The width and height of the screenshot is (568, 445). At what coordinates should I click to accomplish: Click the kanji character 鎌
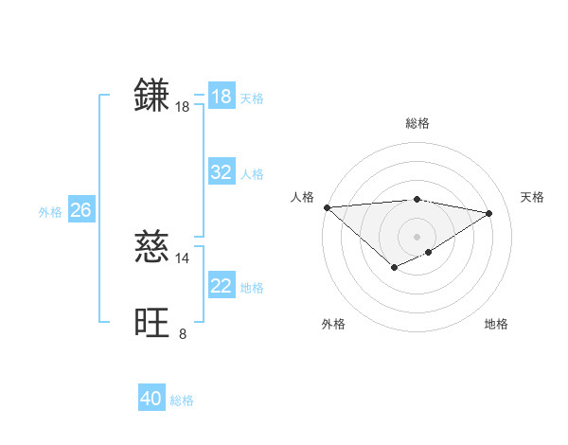coord(152,96)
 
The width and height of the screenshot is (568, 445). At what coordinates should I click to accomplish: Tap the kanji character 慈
coord(152,247)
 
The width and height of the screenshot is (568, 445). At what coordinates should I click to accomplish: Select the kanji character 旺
coord(152,323)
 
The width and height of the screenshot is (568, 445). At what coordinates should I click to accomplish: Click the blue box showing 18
coord(222,97)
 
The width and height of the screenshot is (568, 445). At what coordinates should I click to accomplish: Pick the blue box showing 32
coord(222,172)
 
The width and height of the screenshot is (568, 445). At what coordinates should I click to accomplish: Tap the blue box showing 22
coord(222,286)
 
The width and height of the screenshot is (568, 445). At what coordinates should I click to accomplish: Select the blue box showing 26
coord(80,210)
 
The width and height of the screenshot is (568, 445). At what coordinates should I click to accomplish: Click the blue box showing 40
coord(151,399)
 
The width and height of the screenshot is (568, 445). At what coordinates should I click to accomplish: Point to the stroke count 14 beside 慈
coord(183,258)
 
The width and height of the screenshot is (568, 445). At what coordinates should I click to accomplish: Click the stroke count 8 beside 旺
coord(183,333)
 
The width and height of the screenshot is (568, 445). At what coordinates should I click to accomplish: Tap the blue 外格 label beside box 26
coord(50,212)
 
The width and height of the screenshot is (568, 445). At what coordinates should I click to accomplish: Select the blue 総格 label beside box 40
coord(182,400)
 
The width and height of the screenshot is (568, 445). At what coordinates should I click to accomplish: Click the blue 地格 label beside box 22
coord(252,288)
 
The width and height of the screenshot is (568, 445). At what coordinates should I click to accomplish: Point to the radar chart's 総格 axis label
coord(417,123)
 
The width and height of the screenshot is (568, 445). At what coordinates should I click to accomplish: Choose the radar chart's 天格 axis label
coord(533,197)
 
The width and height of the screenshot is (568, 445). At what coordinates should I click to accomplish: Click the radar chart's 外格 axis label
coord(333,324)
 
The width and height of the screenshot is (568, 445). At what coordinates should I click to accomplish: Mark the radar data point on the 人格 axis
coord(327,206)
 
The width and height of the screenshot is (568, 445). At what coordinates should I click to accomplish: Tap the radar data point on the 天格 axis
coord(489,213)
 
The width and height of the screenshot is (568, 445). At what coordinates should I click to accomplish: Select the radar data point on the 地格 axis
coord(429,252)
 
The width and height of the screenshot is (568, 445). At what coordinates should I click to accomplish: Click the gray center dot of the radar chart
coord(417,236)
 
